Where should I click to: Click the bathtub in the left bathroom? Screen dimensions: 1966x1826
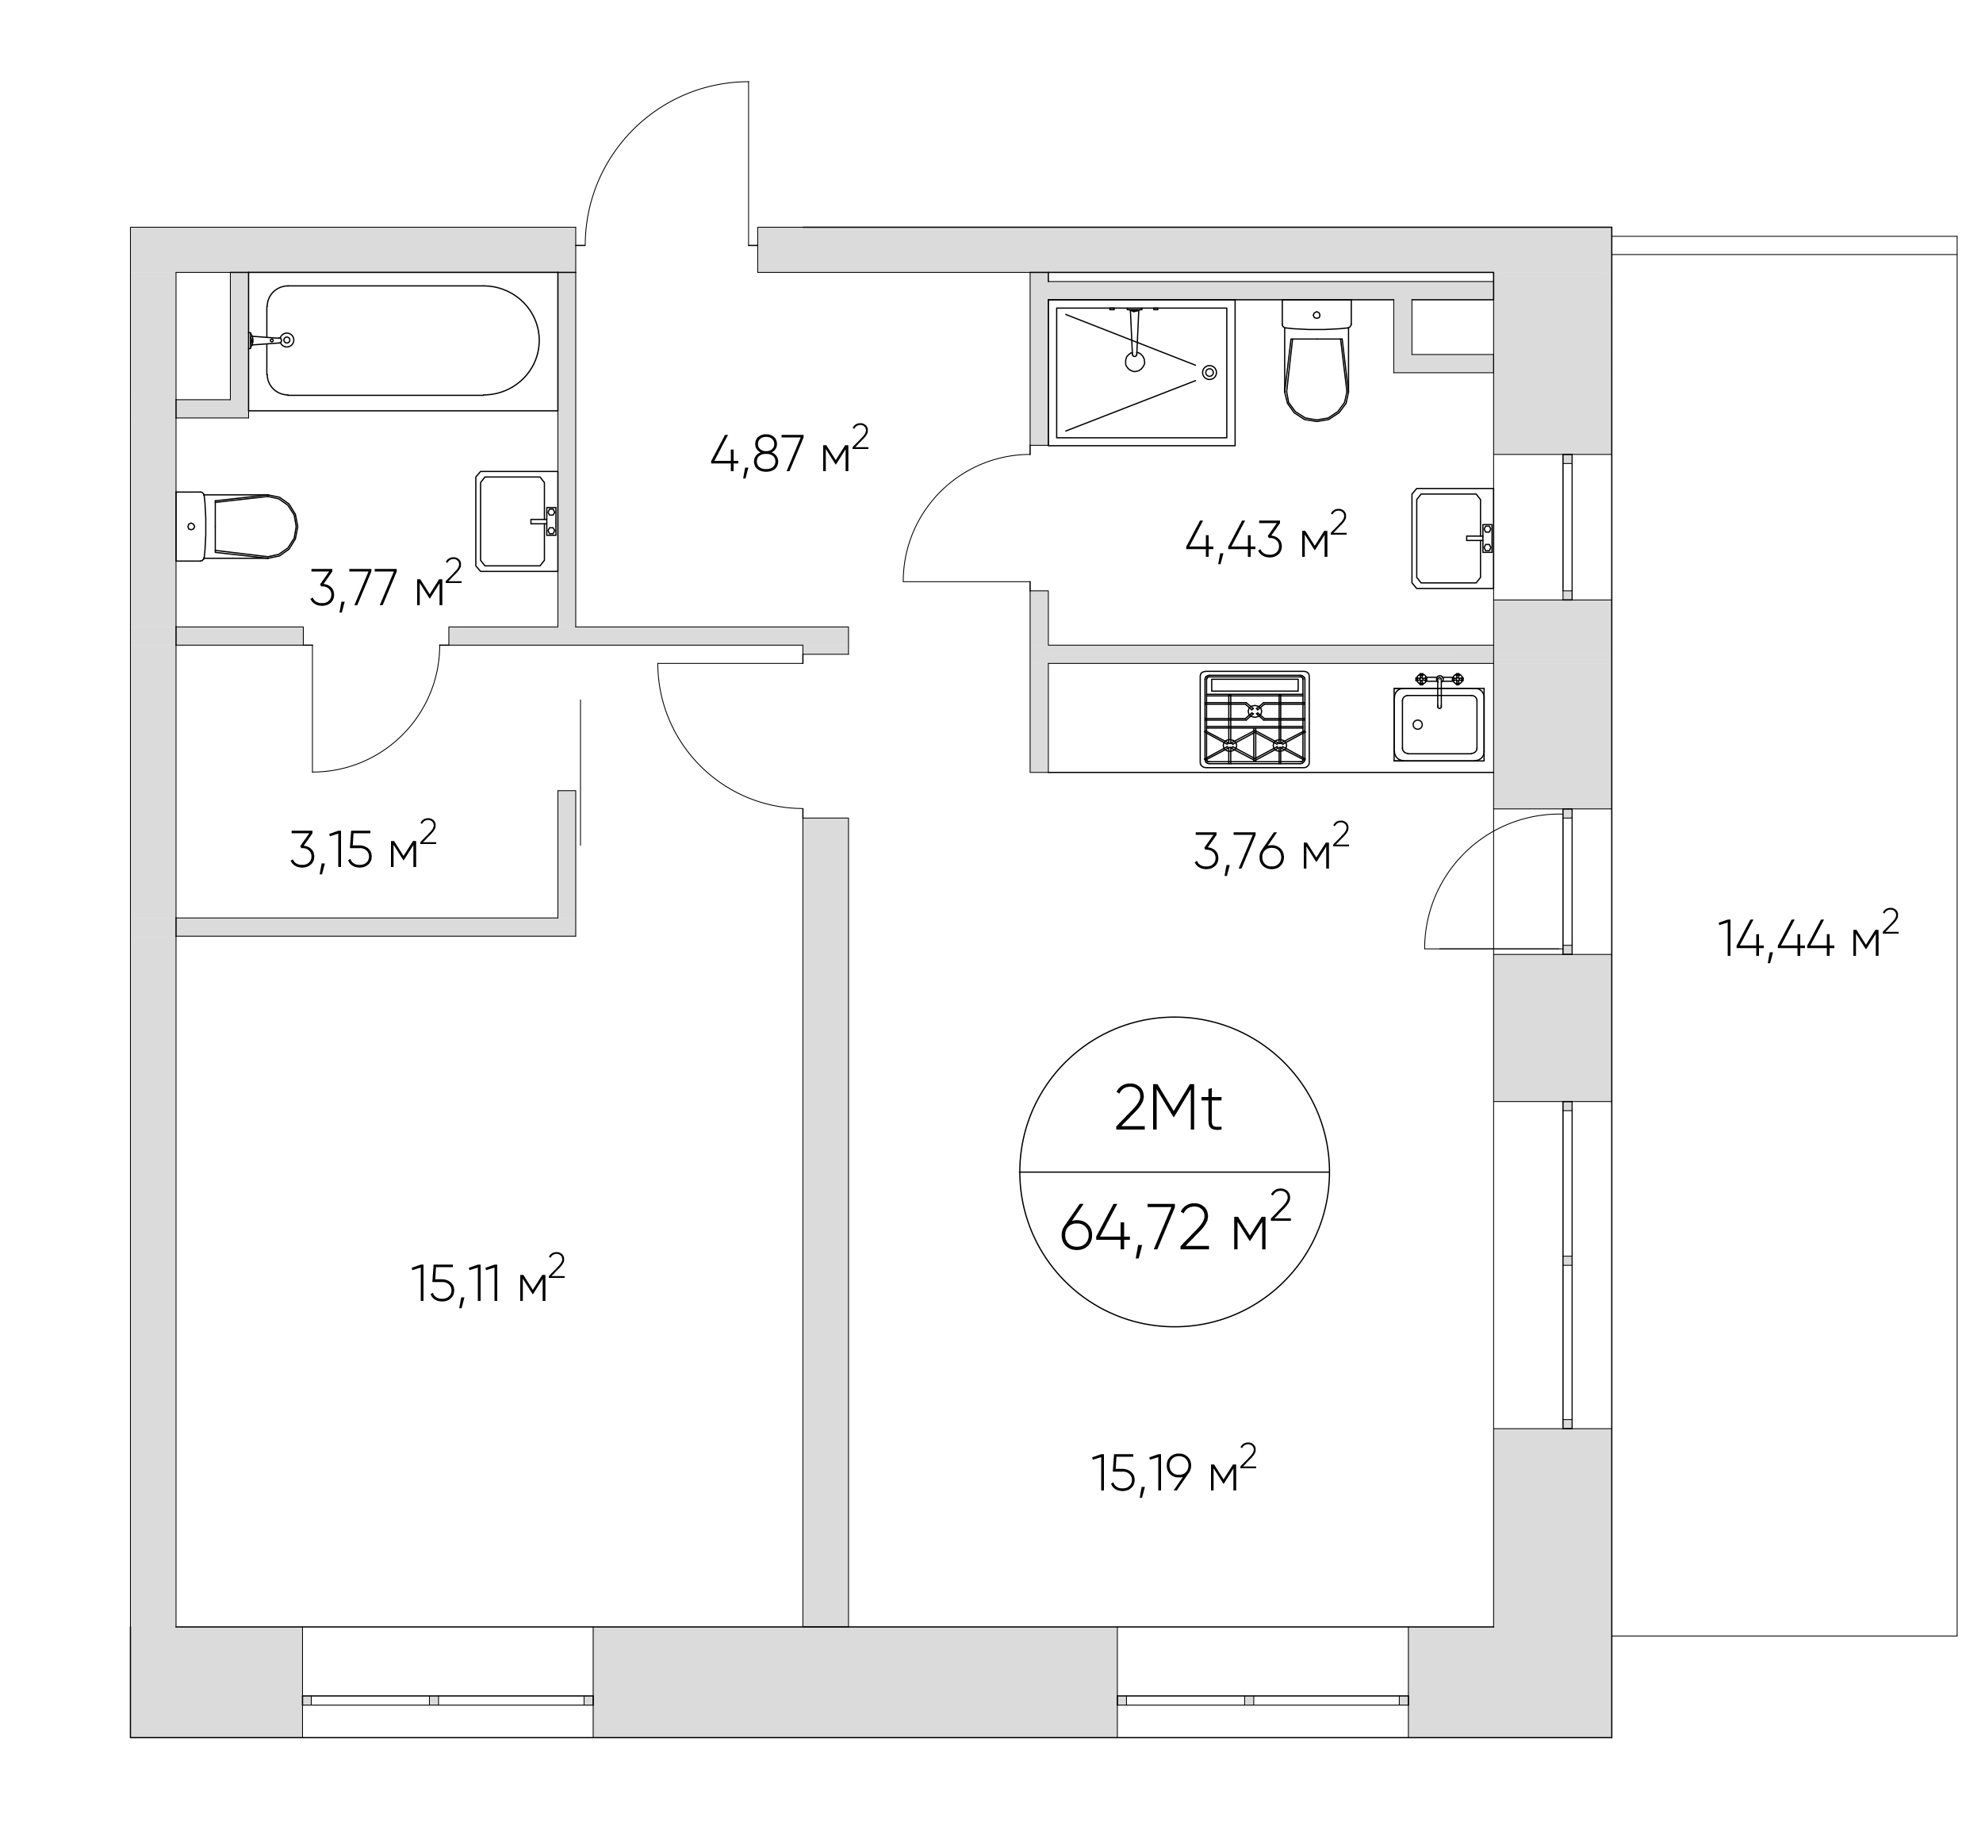click(402, 341)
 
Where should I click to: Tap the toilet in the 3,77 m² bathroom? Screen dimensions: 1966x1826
click(237, 526)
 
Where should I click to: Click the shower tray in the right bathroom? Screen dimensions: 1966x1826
click(1142, 371)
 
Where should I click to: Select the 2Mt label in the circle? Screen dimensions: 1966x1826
click(1167, 1110)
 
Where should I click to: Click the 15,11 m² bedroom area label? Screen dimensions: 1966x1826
click(487, 1282)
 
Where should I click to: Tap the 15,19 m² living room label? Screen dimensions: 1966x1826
click(1174, 1471)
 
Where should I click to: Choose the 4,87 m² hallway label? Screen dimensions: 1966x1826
click(789, 451)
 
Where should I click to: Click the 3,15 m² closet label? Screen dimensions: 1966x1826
click(362, 847)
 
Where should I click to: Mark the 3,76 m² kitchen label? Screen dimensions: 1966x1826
click(1271, 848)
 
